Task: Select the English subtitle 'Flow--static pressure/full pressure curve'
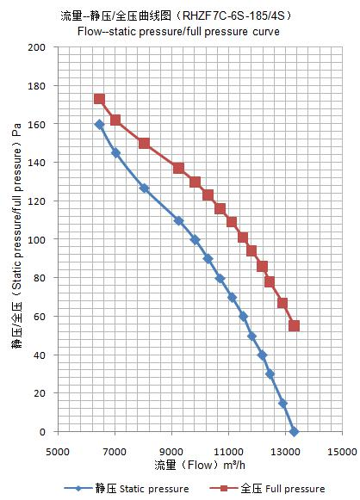(178, 32)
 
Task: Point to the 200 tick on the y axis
(37, 47)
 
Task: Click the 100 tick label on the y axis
(37, 239)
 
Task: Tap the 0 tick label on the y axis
(42, 432)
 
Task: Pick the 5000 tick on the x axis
(58, 451)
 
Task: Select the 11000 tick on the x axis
(228, 451)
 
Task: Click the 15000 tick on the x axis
(342, 451)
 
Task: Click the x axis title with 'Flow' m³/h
(200, 465)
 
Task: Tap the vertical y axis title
(16, 235)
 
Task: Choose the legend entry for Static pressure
(127, 489)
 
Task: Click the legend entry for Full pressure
(268, 489)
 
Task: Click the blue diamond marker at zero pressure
(294, 432)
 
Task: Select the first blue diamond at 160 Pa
(100, 125)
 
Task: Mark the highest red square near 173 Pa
(100, 99)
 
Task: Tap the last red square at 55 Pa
(294, 326)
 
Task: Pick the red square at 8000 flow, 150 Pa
(144, 144)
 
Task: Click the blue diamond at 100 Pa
(196, 240)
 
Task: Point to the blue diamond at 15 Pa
(282, 404)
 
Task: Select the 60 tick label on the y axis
(40, 317)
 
